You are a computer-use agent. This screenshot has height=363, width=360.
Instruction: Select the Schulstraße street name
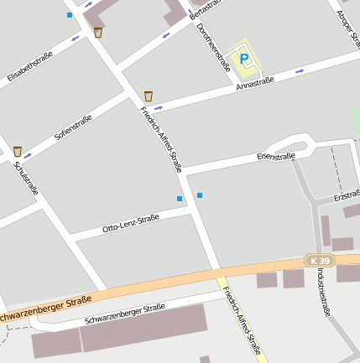click(26, 178)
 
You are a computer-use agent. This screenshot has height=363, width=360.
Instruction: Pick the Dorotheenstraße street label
click(213, 46)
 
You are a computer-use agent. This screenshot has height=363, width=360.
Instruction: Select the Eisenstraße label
click(276, 156)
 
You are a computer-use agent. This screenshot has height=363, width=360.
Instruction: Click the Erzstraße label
click(346, 195)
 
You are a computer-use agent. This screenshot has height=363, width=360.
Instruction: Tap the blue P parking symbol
click(244, 58)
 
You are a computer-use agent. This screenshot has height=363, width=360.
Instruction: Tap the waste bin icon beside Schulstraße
click(17, 151)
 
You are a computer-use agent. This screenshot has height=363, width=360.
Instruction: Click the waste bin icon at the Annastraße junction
click(149, 96)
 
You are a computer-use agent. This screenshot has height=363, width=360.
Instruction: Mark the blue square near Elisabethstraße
click(69, 15)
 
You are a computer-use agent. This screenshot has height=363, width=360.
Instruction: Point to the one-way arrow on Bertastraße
click(166, 35)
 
